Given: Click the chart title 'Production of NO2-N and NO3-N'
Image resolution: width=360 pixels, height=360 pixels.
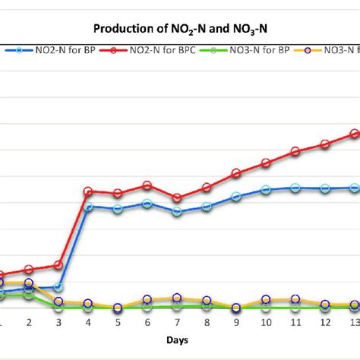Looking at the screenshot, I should tap(180, 30).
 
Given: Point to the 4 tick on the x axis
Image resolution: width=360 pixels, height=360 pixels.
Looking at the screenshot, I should tap(88, 323).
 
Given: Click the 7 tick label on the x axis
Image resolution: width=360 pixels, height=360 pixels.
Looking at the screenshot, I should tap(177, 323).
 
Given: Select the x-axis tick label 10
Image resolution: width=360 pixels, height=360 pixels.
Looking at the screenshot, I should tap(266, 323).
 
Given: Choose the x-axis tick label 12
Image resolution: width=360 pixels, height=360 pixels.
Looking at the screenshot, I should tap(325, 323).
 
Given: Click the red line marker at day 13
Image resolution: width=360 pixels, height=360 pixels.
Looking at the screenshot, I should tap(355, 134).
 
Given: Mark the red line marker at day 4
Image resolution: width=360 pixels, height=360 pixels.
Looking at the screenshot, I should tap(88, 191).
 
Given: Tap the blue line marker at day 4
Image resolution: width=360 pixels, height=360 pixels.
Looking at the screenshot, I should tap(88, 207).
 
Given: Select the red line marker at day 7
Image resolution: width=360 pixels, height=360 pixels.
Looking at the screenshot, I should tap(177, 197).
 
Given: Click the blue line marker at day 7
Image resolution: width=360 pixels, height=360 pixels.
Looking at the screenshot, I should tap(177, 212).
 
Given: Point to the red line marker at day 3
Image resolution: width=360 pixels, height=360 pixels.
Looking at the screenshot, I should tap(58, 265).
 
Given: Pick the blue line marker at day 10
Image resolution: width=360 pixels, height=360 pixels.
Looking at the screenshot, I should tap(266, 190).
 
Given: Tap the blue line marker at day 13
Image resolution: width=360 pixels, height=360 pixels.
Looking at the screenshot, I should tap(355, 188).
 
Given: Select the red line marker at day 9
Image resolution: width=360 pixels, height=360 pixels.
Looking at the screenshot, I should tap(236, 174).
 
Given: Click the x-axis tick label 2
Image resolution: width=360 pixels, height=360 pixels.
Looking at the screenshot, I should tap(29, 323).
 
